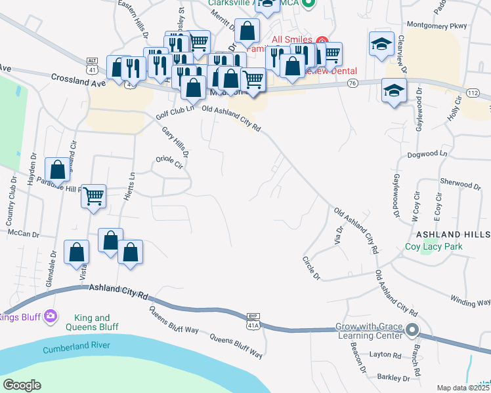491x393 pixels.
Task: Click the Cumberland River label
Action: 77,347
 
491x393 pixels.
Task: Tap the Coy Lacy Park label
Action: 433,247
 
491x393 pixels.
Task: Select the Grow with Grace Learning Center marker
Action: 412,329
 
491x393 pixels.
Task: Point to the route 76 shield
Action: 352,83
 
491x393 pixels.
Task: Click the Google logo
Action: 22,385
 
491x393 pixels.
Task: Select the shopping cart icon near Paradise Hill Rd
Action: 94,195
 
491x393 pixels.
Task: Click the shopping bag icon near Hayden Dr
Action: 58,169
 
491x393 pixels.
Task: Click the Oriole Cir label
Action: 169,159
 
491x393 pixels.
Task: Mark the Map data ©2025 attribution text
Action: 463,388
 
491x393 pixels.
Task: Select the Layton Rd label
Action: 385,354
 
